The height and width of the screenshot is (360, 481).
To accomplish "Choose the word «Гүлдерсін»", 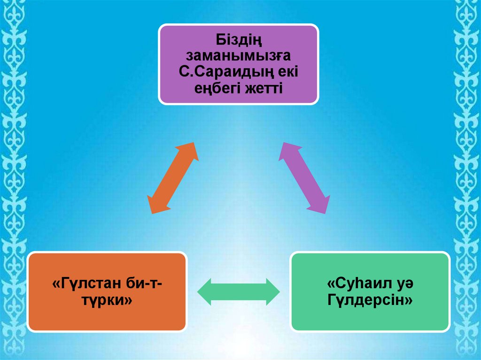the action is click(x=370, y=301).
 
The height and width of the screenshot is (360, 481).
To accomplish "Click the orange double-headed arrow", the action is click(x=173, y=178).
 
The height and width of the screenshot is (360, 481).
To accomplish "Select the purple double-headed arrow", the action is click(x=304, y=178).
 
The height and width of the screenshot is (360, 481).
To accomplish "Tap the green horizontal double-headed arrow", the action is click(x=239, y=291).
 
